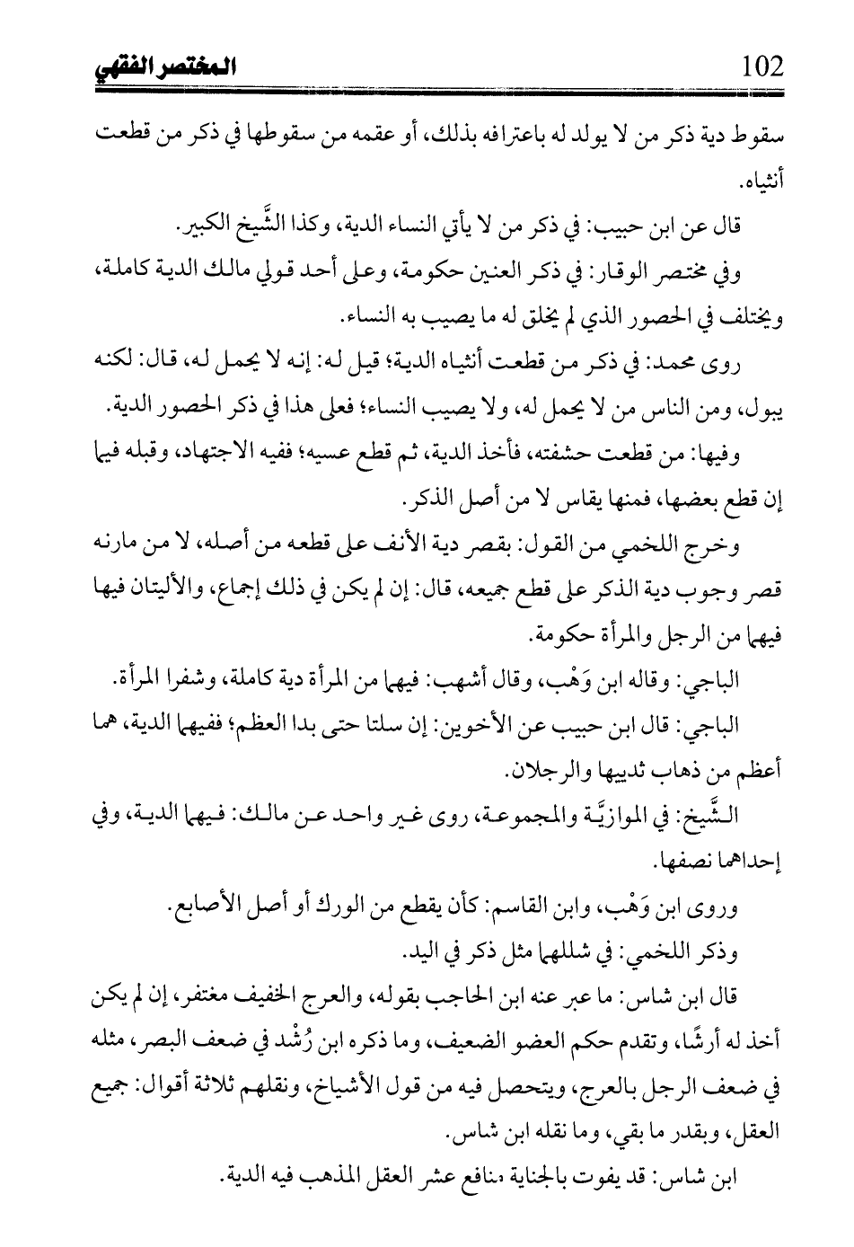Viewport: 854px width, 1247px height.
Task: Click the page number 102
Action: (x=763, y=66)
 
